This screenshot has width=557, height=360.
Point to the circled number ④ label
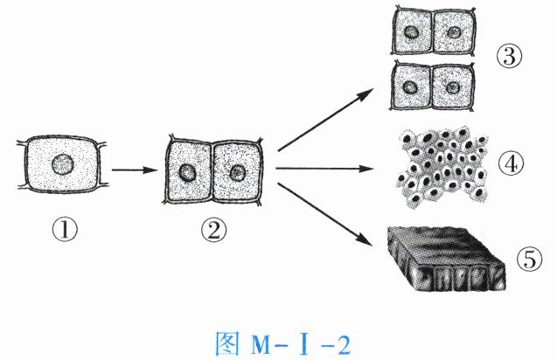click(512, 163)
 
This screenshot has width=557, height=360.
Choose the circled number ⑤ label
click(527, 259)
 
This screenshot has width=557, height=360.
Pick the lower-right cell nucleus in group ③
click(453, 87)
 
